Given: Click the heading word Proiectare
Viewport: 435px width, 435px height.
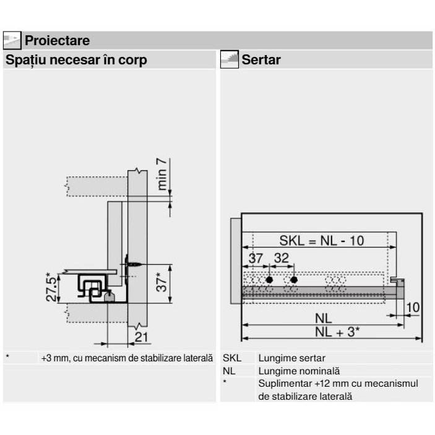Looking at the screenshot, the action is [57, 40].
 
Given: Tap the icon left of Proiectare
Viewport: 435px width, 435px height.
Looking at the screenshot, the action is [12, 40].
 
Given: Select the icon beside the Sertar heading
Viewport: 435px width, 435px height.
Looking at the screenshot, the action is [230, 59].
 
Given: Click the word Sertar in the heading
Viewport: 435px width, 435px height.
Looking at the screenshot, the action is [261, 59].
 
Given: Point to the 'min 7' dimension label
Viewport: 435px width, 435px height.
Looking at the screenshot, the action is [162, 174].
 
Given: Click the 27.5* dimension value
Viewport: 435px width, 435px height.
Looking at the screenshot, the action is [52, 287].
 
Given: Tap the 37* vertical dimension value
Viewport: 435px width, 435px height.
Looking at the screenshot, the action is [162, 282].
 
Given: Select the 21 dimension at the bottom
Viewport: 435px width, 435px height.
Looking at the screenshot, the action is [142, 337].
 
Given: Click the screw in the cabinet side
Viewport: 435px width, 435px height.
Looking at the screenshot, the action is [134, 264].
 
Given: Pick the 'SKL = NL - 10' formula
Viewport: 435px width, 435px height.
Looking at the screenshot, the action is [322, 241].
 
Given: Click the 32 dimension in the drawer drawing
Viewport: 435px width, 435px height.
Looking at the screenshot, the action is [282, 258].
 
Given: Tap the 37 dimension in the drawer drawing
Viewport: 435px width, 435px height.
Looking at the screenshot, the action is [256, 258].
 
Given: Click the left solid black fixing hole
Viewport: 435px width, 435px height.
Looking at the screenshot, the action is [269, 280].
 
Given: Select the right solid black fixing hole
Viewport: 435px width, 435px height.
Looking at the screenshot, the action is [294, 280].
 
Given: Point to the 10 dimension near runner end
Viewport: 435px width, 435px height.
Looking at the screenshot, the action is [413, 308].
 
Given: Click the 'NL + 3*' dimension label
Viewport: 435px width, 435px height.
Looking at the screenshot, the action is [337, 332].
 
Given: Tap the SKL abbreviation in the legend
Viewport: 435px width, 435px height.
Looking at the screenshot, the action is [232, 358].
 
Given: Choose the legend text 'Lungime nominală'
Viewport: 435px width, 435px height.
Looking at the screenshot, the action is [299, 371].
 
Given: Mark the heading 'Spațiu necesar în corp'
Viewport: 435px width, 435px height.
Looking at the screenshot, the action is [76, 60].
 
